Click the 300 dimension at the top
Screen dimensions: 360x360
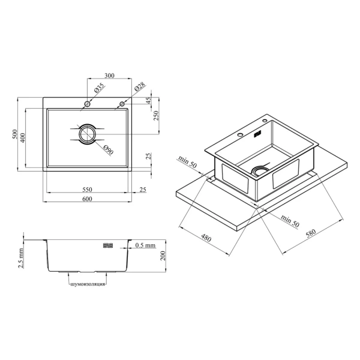109,76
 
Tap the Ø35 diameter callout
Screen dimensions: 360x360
100,88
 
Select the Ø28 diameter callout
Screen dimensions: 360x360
140,86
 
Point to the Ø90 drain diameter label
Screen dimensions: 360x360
109,150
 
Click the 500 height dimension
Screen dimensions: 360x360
14,134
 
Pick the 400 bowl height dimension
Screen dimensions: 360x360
23,138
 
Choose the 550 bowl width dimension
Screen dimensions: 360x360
87,190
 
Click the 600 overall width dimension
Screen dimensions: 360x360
87,199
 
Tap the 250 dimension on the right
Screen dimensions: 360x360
156,115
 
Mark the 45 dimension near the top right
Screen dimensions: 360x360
149,101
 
